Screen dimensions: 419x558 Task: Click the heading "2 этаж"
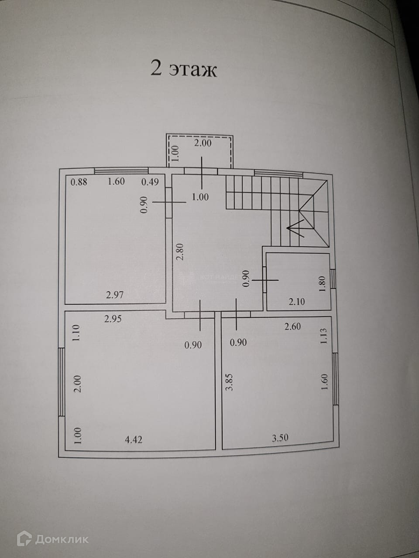[x=183, y=69]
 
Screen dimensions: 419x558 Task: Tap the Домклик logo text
[x=62, y=539]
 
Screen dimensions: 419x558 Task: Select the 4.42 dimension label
[x=134, y=439]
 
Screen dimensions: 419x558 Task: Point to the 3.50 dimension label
[x=280, y=438]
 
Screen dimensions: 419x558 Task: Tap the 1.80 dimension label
[x=323, y=285]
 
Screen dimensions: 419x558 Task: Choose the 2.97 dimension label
[x=115, y=295]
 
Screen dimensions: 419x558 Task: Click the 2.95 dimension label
[x=113, y=319]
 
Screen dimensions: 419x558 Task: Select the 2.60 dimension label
[x=292, y=326]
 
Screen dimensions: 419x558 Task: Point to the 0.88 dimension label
[x=79, y=182]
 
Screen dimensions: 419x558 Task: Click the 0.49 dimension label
[x=150, y=182]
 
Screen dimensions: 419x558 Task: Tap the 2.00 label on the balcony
[x=203, y=142]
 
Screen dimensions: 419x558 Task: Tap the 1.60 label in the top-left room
[x=116, y=182]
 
